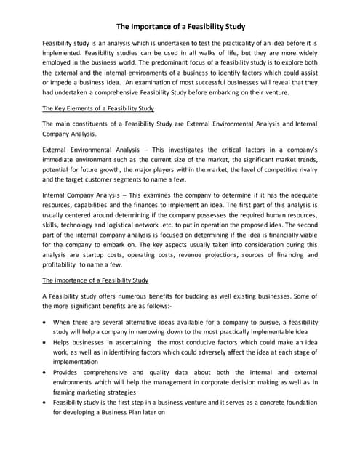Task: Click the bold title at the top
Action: (180, 27)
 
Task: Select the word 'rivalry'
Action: (303, 168)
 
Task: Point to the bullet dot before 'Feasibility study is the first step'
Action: (47, 402)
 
